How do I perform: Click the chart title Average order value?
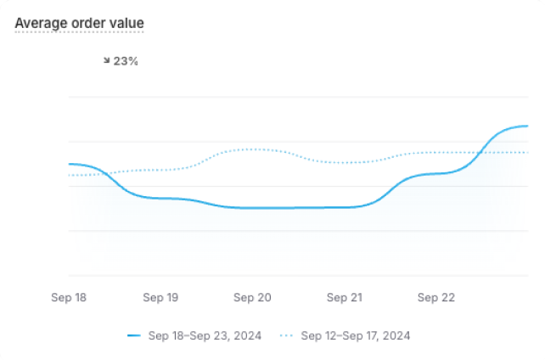pyautogui.click(x=80, y=22)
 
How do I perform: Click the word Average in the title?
pyautogui.click(x=42, y=22)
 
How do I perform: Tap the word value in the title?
pyautogui.click(x=127, y=22)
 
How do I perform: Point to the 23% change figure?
pyautogui.click(x=126, y=61)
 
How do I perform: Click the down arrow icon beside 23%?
pyautogui.click(x=106, y=61)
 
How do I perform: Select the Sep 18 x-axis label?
pyautogui.click(x=69, y=298)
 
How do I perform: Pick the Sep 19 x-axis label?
pyautogui.click(x=160, y=298)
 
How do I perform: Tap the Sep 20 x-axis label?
pyautogui.click(x=252, y=298)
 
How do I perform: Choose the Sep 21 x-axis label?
pyautogui.click(x=344, y=298)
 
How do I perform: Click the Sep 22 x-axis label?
pyautogui.click(x=435, y=298)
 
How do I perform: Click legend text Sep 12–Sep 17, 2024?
pyautogui.click(x=356, y=335)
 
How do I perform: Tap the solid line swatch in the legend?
pyautogui.click(x=133, y=335)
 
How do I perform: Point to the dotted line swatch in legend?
pyautogui.click(x=286, y=335)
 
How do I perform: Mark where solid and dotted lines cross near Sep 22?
pyautogui.click(x=481, y=153)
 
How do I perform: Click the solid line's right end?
pyautogui.click(x=528, y=126)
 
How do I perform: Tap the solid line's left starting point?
pyautogui.click(x=69, y=164)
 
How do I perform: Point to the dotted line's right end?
pyautogui.click(x=528, y=153)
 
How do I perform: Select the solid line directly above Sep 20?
pyautogui.click(x=252, y=208)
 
